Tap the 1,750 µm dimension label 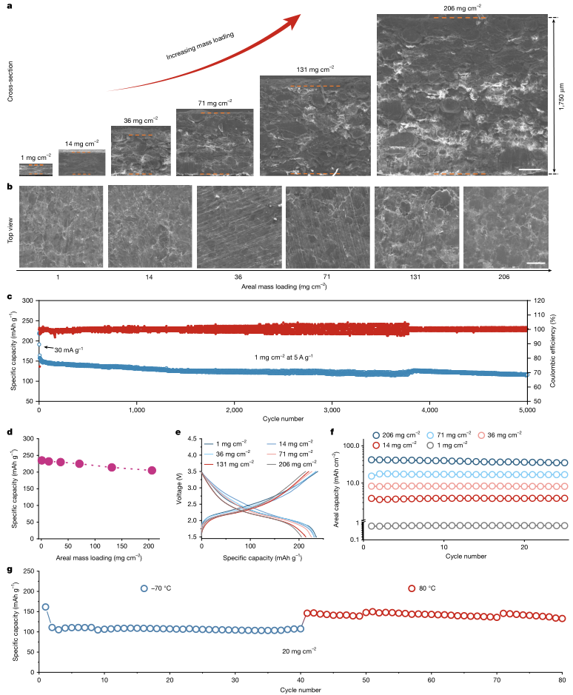562,96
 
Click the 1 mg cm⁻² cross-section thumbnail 36,169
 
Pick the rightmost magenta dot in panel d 152,470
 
